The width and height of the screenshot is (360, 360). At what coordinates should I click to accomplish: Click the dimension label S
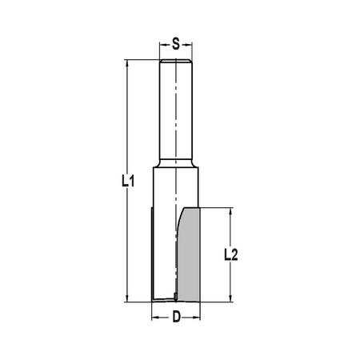pos(176,44)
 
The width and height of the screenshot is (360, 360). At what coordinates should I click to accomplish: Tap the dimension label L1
pos(128,181)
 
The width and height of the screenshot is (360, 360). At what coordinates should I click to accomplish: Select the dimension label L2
pos(230,254)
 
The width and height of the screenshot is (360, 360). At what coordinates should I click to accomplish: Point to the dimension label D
pos(176,317)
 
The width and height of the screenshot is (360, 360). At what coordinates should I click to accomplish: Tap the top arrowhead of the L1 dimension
pos(127,63)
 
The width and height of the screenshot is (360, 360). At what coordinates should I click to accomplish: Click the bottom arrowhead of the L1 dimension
pos(127,298)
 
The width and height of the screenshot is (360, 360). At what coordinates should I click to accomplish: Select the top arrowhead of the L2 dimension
pos(231,211)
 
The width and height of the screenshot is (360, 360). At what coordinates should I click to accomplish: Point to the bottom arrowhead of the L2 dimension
pos(231,298)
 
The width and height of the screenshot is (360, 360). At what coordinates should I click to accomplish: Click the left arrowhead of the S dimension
pos(163,45)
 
